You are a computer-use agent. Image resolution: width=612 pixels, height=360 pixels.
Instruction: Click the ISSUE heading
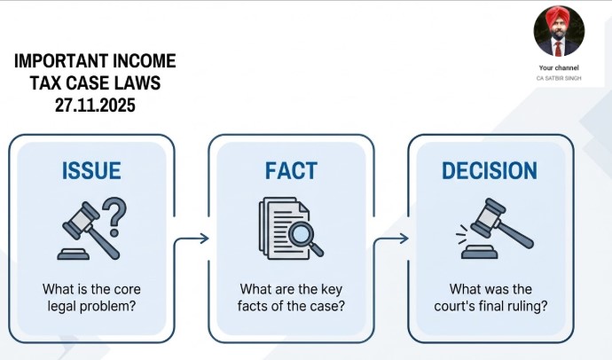tap(92, 170)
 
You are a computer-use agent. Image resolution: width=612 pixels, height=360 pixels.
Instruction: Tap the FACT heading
tap(290, 170)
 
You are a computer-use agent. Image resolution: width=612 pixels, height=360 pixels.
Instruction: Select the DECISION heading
tap(490, 170)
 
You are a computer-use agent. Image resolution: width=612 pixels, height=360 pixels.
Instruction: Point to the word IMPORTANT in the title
tap(61, 61)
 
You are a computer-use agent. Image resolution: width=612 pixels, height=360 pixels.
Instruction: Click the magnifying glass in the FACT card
tap(303, 235)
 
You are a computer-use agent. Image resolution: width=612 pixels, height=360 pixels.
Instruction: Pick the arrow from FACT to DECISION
tap(391, 239)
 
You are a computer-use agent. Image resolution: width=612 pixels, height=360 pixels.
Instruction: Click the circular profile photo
tap(559, 31)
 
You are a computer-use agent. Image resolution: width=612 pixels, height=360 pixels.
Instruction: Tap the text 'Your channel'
tap(559, 67)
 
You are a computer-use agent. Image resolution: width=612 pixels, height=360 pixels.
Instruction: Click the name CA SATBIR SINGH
tap(559, 79)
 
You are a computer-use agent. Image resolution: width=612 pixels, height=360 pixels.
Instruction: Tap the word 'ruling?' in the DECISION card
tap(525, 307)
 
